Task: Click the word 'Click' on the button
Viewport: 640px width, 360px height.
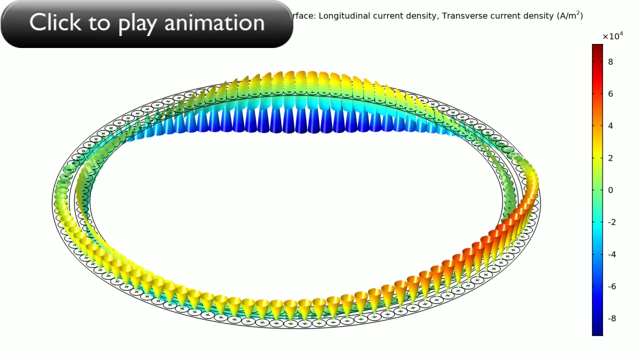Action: coord(55,22)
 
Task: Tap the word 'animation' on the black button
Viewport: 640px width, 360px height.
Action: coord(214,23)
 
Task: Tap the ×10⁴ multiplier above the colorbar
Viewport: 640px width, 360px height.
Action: coord(612,36)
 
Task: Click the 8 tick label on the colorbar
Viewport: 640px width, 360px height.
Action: coord(610,61)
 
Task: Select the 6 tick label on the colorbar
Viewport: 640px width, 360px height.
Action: coord(610,93)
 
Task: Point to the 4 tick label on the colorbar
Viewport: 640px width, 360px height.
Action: coord(610,125)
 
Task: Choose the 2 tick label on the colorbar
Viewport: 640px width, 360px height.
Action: coord(610,158)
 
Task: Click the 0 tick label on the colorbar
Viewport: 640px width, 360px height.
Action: coord(610,190)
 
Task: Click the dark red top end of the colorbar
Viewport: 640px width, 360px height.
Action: coord(597,46)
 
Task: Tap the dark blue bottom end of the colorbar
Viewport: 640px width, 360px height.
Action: coord(597,333)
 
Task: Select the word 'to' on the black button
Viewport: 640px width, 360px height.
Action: coord(99,23)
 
